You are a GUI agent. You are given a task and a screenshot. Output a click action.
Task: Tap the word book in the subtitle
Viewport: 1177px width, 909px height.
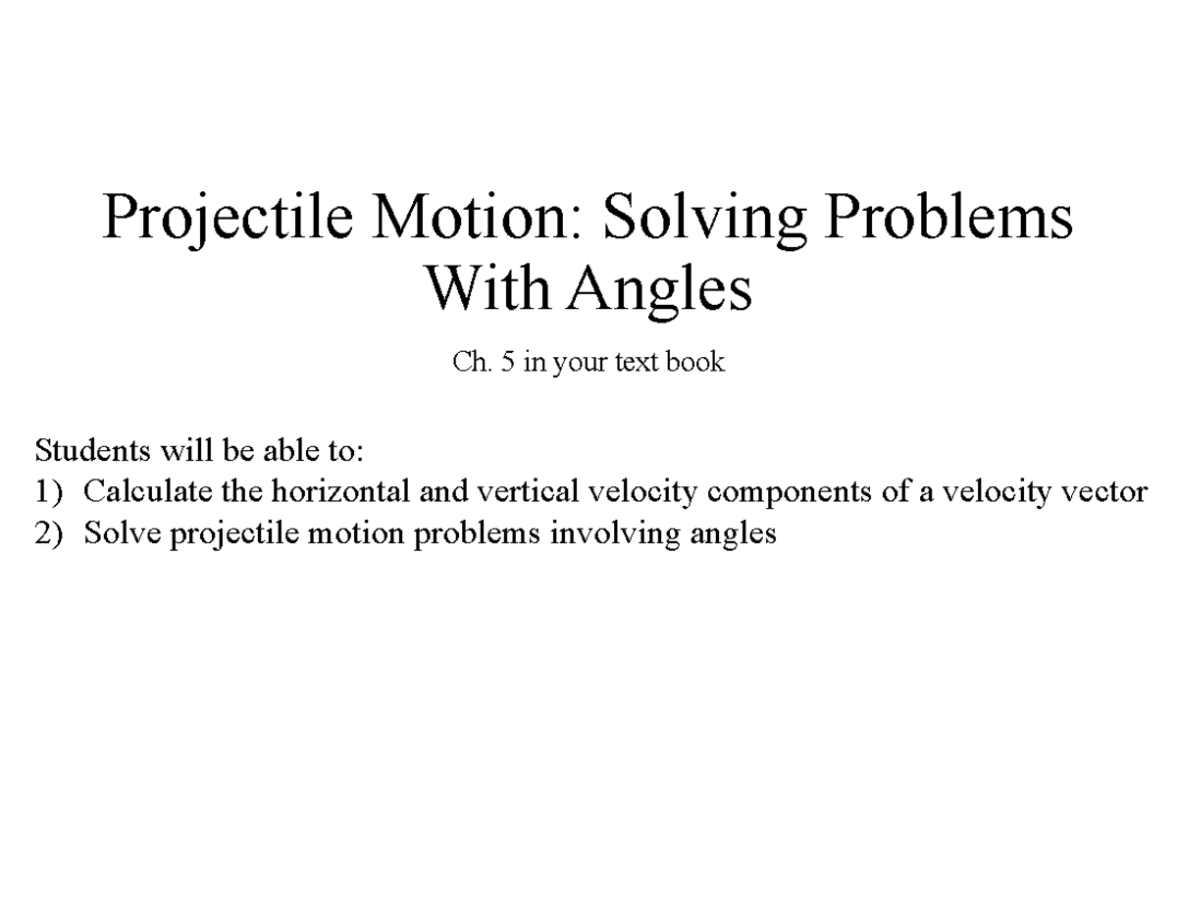pos(695,363)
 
